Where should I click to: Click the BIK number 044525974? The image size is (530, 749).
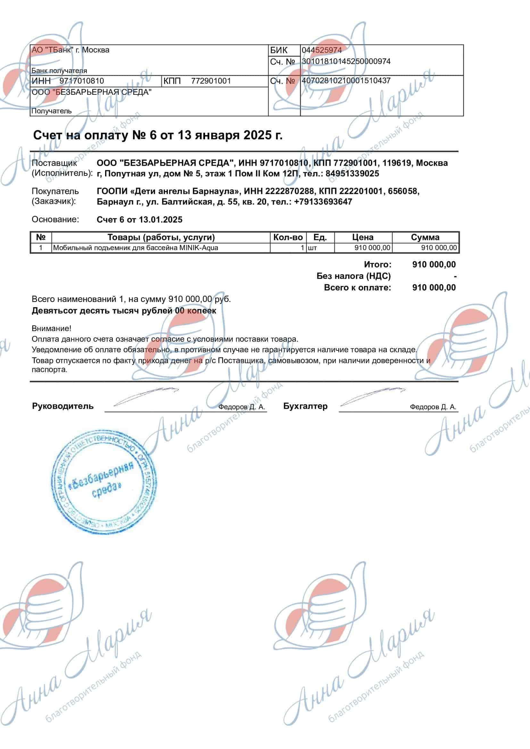321,50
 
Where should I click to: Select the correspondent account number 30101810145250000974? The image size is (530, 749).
346,61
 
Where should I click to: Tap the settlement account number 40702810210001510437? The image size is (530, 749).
346,81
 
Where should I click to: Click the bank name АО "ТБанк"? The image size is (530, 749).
52,50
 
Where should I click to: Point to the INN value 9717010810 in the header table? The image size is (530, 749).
82,81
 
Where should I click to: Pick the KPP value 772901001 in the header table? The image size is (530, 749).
211,81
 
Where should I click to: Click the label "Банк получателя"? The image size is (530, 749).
59,71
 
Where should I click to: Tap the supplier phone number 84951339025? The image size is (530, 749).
352,174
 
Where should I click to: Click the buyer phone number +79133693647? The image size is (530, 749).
323,202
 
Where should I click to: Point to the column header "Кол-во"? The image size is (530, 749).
288,237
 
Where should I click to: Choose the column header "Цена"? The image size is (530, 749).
363,237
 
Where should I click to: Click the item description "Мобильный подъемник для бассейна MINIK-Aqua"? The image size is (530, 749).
136,248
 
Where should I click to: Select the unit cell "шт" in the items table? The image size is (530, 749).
312,248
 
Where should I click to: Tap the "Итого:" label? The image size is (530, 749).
377,264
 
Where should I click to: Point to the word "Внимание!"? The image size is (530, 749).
51,328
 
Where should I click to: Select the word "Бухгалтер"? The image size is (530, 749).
305,406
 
